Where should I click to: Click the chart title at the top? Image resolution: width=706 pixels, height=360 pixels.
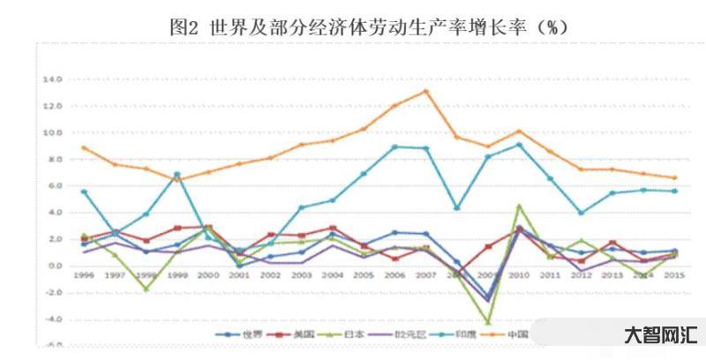click(x=368, y=27)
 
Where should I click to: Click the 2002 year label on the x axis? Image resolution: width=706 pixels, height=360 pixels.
click(x=270, y=275)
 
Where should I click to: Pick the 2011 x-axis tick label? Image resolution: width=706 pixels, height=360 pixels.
click(x=551, y=275)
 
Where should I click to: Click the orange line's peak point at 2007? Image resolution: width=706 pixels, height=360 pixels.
click(x=425, y=91)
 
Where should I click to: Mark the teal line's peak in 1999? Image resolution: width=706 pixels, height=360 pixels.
click(x=176, y=174)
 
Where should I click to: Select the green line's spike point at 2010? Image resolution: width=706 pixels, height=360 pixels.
click(x=520, y=206)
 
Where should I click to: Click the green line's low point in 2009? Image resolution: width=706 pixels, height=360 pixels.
click(x=488, y=322)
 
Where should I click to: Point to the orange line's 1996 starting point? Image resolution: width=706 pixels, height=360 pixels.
click(x=83, y=147)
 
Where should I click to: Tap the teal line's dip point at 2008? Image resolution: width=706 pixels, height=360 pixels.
click(x=457, y=208)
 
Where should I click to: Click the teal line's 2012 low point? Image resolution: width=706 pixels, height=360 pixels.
click(x=582, y=213)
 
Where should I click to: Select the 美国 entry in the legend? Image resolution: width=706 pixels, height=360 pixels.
click(x=282, y=334)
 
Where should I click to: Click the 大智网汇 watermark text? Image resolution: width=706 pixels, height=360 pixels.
click(x=661, y=334)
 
